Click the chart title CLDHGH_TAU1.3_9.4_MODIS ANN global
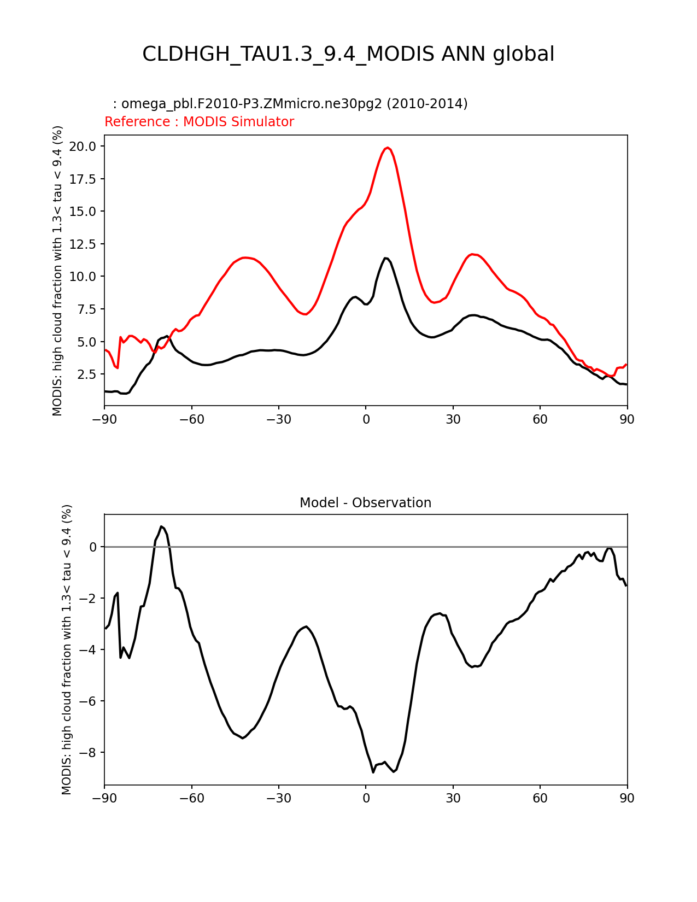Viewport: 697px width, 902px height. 348,55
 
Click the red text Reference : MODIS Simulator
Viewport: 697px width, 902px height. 199,122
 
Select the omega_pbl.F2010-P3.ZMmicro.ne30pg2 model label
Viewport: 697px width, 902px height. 294,104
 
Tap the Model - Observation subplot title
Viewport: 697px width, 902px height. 365,503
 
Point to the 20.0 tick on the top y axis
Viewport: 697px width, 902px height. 83,147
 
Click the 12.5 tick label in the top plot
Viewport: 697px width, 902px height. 83,244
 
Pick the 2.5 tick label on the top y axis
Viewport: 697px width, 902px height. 86,374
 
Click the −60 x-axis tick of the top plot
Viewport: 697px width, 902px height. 191,419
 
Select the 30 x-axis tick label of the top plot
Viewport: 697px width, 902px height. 453,419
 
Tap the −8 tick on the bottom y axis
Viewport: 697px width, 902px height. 89,753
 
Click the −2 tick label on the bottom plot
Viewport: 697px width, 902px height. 89,599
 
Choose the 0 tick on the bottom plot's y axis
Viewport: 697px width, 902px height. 93,547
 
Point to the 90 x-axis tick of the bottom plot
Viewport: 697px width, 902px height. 627,799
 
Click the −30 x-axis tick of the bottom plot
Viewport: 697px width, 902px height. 278,799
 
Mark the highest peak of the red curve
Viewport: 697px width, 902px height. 387,148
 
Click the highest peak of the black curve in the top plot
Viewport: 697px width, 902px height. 386,258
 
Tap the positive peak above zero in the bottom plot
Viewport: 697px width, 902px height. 161,526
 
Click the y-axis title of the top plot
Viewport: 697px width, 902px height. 58,271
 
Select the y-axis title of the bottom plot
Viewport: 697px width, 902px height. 67,649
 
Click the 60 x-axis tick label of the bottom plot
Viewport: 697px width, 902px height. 540,799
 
